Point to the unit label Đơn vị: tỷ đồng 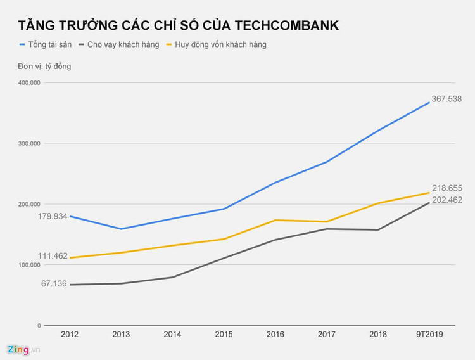tap(44, 67)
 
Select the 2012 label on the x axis tap(70, 334)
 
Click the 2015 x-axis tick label tap(224, 334)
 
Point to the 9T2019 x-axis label tap(429, 334)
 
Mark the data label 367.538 tap(446, 99)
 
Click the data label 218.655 tap(446, 188)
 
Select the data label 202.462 tap(446, 200)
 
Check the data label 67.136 tap(54, 284)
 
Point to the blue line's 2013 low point tap(121, 229)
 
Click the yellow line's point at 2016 tap(275, 220)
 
